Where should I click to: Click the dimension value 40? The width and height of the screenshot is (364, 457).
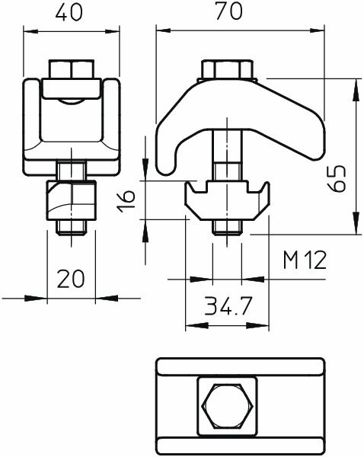coord(72,14)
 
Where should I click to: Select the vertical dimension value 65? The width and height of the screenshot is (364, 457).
coord(340,180)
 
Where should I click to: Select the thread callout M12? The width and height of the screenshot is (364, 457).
coord(305,261)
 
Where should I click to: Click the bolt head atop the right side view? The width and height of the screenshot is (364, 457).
coord(227,69)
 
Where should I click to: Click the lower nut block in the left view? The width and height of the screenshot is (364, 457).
coord(72,199)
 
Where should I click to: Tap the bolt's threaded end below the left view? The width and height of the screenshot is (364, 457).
coord(72,225)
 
